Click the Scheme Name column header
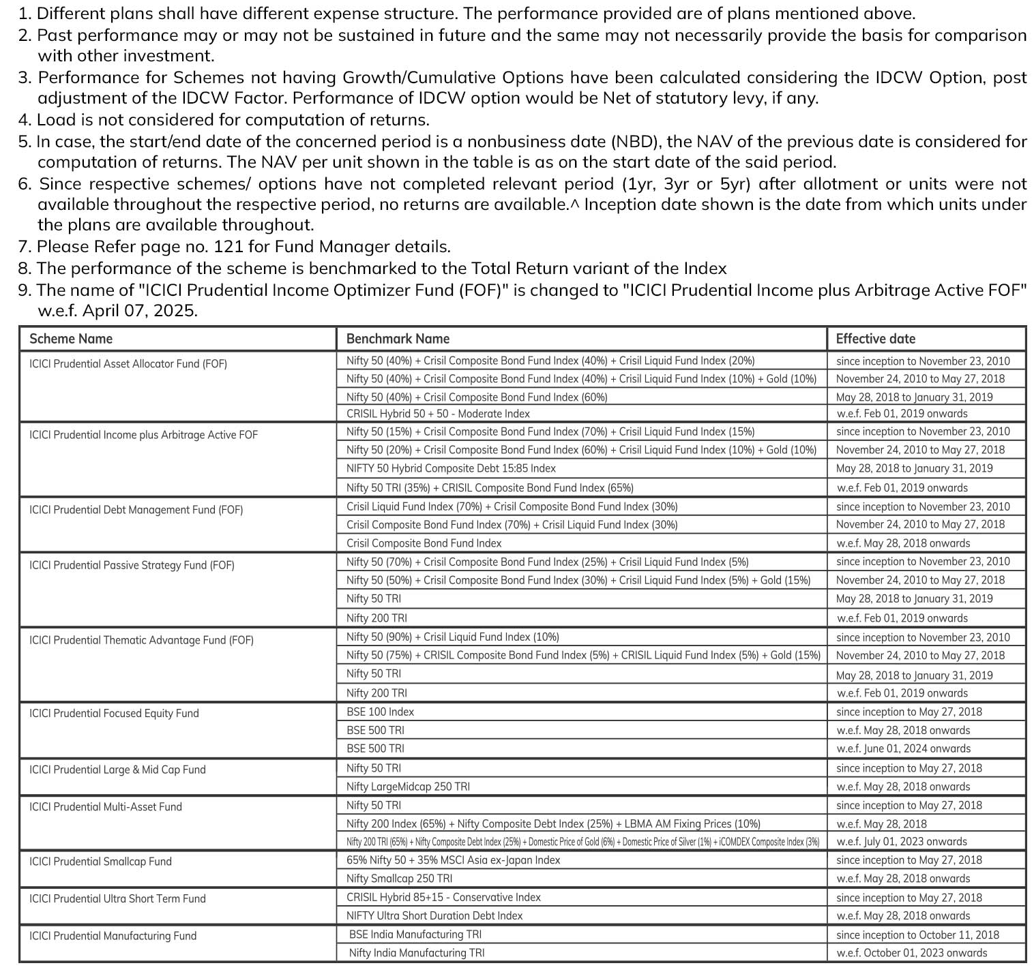[x=71, y=339]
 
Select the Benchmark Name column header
[x=398, y=339]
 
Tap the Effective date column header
[x=875, y=339]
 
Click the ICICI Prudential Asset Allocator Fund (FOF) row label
[x=128, y=364]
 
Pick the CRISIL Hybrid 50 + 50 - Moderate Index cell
[x=438, y=414]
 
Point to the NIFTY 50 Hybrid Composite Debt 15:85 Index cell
[x=451, y=468]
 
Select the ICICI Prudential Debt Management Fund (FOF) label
[x=136, y=510]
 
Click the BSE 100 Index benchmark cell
[x=380, y=712]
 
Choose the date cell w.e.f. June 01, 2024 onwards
[x=903, y=748]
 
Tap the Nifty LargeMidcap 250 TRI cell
[x=408, y=787]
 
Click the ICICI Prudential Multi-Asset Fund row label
[x=106, y=807]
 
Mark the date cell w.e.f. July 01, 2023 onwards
[x=902, y=842]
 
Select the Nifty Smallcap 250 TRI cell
[x=399, y=879]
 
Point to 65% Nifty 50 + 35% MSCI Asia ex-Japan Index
[x=453, y=860]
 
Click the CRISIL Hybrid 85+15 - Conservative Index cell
[x=443, y=898]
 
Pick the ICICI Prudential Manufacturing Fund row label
[x=113, y=936]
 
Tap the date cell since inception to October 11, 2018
[x=917, y=935]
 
